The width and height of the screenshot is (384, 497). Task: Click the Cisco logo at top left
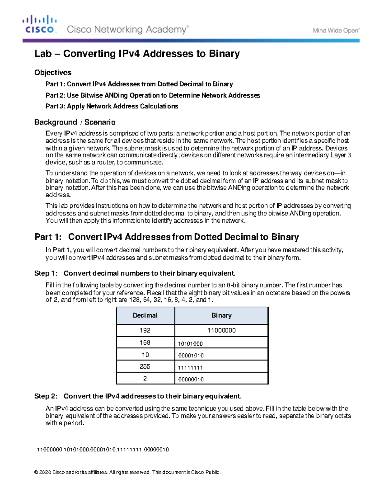pos(40,24)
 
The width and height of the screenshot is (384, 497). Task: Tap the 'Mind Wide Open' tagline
pos(336,31)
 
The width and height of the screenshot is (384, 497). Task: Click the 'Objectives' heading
pos(53,73)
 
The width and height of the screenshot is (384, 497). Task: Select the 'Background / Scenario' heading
pos(75,122)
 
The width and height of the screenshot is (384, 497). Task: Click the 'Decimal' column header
pos(145,316)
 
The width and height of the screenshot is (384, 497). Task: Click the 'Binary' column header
pos(221,316)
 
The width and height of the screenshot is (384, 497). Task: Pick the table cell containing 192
pos(145,330)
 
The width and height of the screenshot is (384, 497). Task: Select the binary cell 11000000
pos(221,330)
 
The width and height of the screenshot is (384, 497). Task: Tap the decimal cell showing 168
pos(145,342)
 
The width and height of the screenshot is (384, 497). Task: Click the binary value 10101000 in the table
pos(190,344)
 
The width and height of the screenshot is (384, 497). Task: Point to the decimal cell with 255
pos(145,367)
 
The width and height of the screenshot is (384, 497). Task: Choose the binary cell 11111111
pos(190,368)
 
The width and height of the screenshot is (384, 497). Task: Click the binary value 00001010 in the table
pos(191,356)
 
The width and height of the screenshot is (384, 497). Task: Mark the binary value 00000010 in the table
pos(191,380)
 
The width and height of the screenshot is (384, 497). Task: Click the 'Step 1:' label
pos(46,273)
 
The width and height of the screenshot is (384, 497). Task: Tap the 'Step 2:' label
pos(46,397)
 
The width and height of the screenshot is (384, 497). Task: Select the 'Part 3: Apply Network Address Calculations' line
pos(112,106)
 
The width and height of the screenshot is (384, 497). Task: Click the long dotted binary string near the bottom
pos(103,450)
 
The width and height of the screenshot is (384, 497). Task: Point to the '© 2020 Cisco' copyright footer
pos(127,472)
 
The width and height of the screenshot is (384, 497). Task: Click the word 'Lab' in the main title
pos(43,54)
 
